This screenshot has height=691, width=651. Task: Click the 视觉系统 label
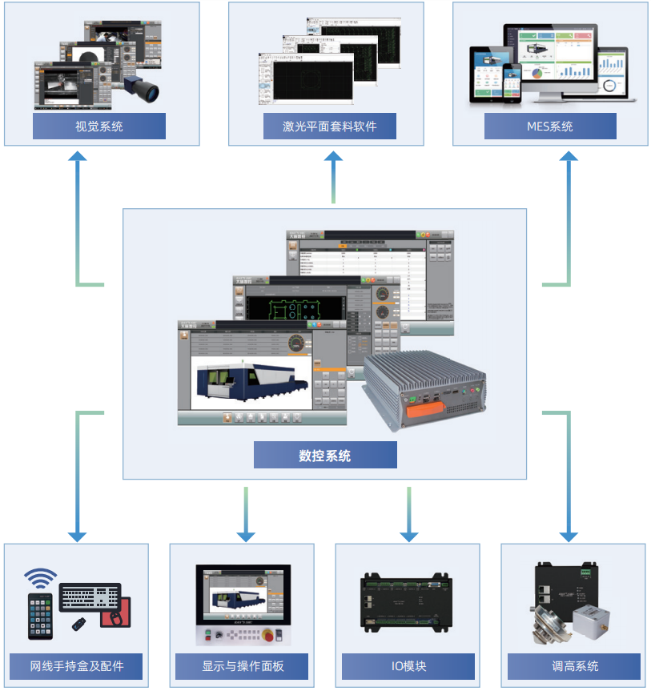click(x=99, y=127)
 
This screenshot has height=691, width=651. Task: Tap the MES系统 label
click(x=550, y=127)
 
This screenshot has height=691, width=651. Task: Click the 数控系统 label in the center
click(x=325, y=456)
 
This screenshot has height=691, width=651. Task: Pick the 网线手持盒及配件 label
click(x=77, y=666)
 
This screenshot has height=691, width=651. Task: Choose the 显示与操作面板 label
click(x=243, y=666)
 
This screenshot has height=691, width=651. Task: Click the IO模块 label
click(x=408, y=666)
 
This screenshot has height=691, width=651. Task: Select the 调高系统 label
click(x=574, y=666)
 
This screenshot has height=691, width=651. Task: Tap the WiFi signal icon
click(x=41, y=577)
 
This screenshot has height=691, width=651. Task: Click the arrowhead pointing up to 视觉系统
click(x=77, y=157)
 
